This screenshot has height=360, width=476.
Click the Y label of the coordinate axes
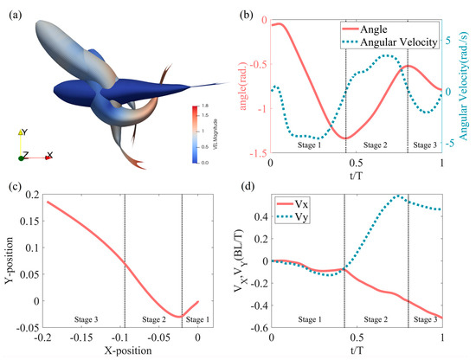click(23, 133)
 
